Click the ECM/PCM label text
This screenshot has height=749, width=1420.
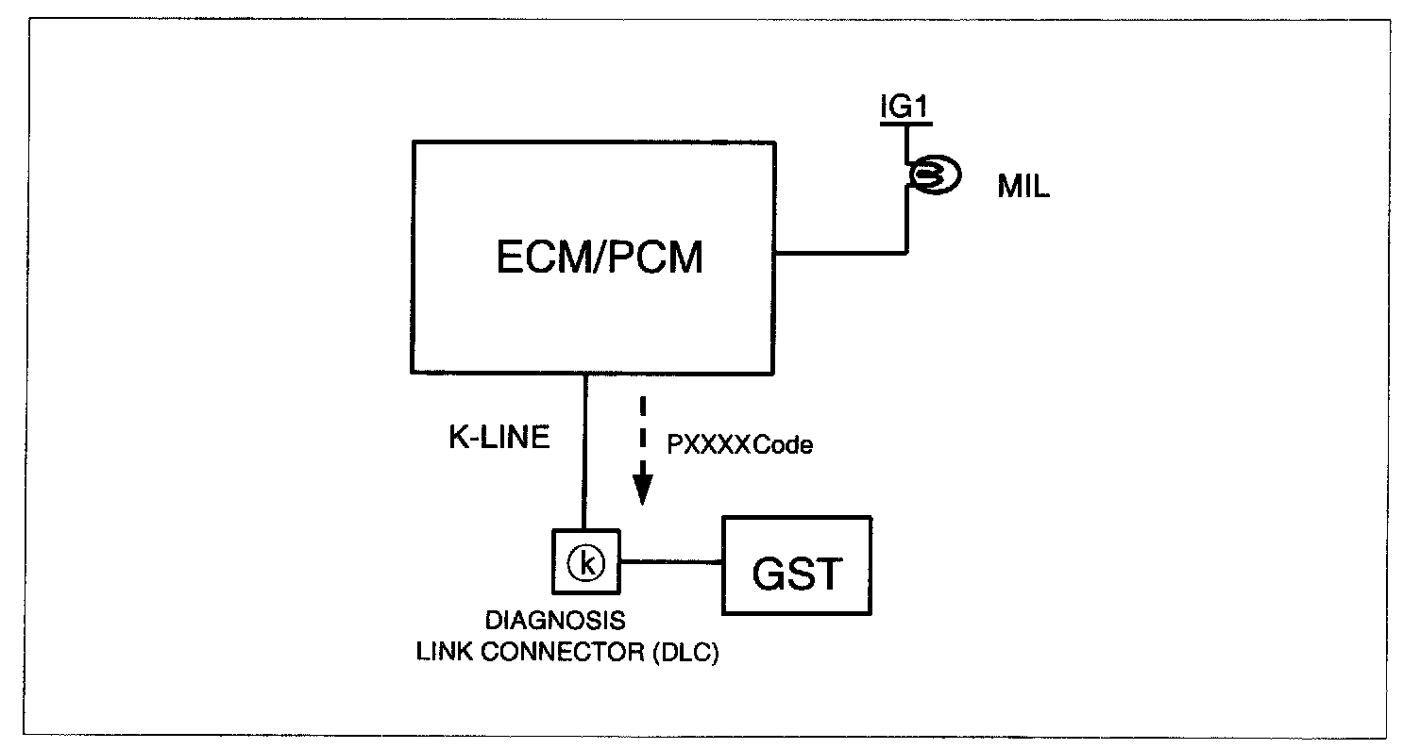[x=599, y=257]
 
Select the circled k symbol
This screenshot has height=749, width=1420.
[x=585, y=562]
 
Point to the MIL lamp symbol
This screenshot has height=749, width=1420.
[x=935, y=175]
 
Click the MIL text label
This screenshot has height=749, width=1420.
[x=1023, y=186]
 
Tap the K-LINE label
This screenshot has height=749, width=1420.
[x=499, y=437]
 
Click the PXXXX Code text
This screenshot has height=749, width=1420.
[x=740, y=444]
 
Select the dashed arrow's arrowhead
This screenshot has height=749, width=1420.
[x=642, y=491]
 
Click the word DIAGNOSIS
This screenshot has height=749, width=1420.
[x=555, y=621]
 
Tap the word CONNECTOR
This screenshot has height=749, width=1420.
[x=563, y=652]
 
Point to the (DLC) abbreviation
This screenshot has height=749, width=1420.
[x=685, y=652]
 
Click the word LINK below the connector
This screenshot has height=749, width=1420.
[x=445, y=652]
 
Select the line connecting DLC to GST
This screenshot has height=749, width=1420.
[x=671, y=561]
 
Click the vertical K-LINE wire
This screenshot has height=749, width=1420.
[x=584, y=452]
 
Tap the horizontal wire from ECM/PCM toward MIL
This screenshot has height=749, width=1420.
[x=841, y=253]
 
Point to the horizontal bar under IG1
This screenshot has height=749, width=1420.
[x=905, y=124]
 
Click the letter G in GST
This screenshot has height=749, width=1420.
[x=769, y=573]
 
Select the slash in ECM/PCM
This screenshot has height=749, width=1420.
[x=599, y=257]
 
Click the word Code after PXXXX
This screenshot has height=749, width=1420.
[x=784, y=444]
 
